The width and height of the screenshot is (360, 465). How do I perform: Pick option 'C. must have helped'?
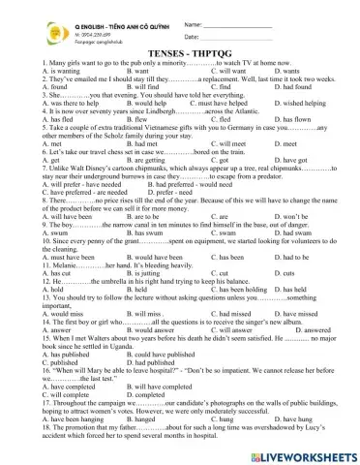240,130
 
